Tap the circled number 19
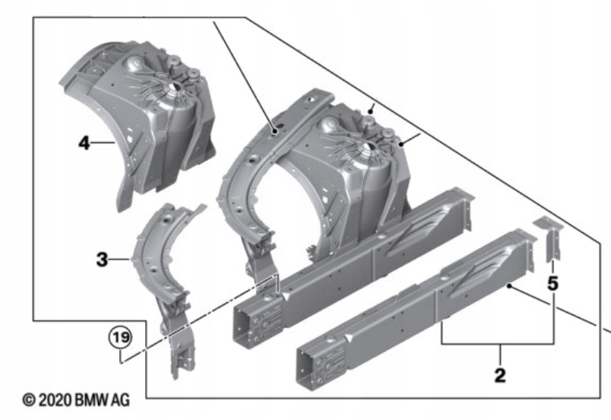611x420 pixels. (118, 336)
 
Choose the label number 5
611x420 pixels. (552, 283)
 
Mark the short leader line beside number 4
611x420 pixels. (103, 142)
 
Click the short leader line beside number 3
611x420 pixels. (122, 260)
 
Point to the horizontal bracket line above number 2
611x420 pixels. (498, 345)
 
